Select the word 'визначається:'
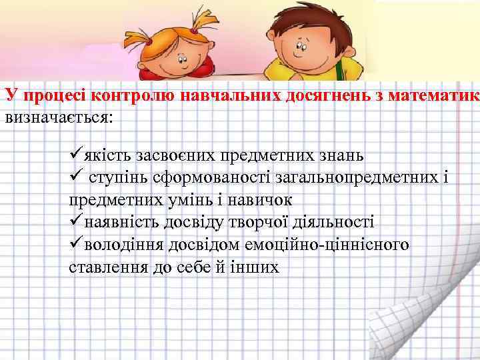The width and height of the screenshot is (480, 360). pos(59,117)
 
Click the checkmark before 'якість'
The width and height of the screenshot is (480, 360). pos(75,155)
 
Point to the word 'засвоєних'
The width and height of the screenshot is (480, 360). pos(167,156)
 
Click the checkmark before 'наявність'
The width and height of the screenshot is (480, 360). pos(75,222)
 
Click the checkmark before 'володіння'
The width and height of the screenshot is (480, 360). pos(75,245)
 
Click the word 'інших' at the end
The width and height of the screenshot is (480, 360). pos(256,267)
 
